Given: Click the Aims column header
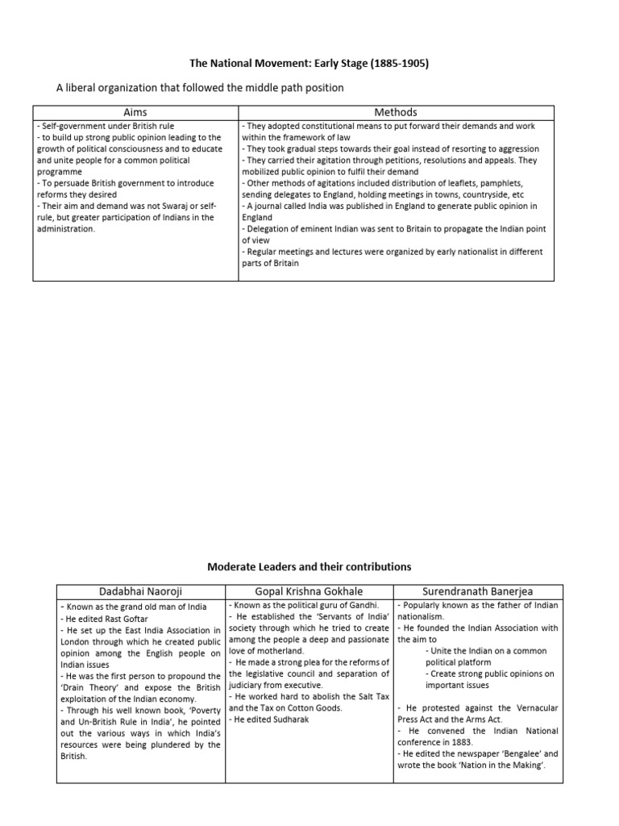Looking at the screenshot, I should (135, 112).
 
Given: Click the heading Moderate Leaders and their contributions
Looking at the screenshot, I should (309, 567).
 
